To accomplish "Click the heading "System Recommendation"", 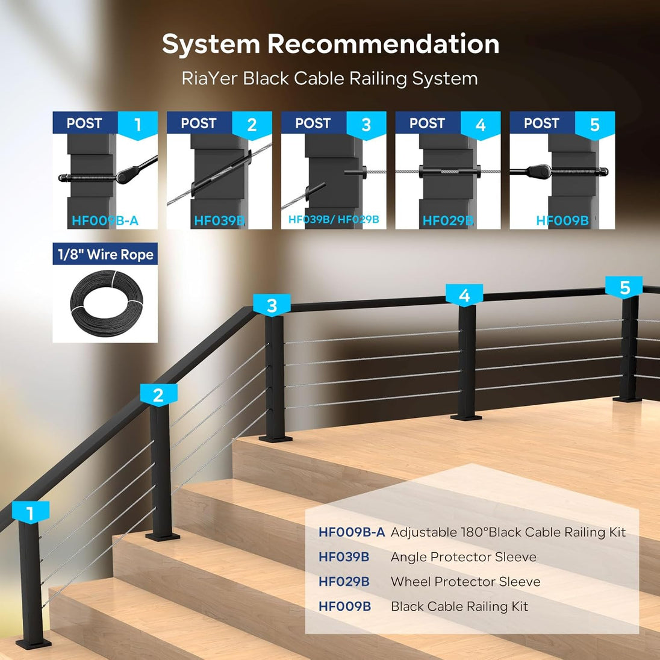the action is click(x=331, y=44).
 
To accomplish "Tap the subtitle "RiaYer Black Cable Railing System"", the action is click(x=329, y=79).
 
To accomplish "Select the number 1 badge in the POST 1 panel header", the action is click(x=138, y=125).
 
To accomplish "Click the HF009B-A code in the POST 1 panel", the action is click(x=105, y=220).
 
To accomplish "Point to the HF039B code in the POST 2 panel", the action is click(x=219, y=220).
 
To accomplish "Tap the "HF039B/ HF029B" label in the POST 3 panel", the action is click(x=334, y=219).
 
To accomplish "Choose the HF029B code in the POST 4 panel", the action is click(x=448, y=220).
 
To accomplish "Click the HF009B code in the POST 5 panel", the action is click(x=562, y=220).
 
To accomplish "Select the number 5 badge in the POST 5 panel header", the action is click(x=595, y=125).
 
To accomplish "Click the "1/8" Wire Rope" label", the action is click(x=105, y=254).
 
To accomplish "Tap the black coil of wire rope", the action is click(x=107, y=303).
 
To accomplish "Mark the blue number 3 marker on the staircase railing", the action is click(x=272, y=305).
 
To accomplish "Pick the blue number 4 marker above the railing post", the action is click(x=464, y=295).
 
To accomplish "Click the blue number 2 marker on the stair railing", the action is click(x=158, y=395).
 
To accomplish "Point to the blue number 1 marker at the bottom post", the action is click(x=30, y=513).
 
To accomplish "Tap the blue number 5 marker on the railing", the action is click(x=624, y=287).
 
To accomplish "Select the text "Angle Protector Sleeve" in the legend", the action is click(x=464, y=557).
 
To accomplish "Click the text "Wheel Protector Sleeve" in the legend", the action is click(x=465, y=582).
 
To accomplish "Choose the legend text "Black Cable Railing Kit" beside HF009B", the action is click(x=459, y=606).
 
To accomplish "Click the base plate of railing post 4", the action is click(x=466, y=417).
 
